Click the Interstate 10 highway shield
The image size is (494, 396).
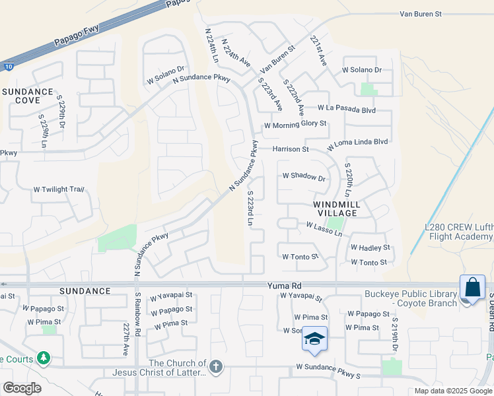coord(6,66)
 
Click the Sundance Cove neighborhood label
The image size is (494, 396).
coord(27,96)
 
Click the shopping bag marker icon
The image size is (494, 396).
coord(472,288)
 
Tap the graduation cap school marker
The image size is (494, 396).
coord(315,339)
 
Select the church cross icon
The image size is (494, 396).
coord(215,366)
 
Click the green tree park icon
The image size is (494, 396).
coord(44,358)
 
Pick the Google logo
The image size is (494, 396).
coord(22,388)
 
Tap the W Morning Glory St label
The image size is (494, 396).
coord(295,124)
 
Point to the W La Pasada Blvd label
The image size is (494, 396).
coord(347,109)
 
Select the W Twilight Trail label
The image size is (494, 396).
coord(59,189)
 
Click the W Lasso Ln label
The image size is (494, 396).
coord(324,229)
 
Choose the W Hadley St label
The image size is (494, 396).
coord(370,247)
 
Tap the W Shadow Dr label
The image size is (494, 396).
coord(304,177)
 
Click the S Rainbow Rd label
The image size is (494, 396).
coord(137,317)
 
